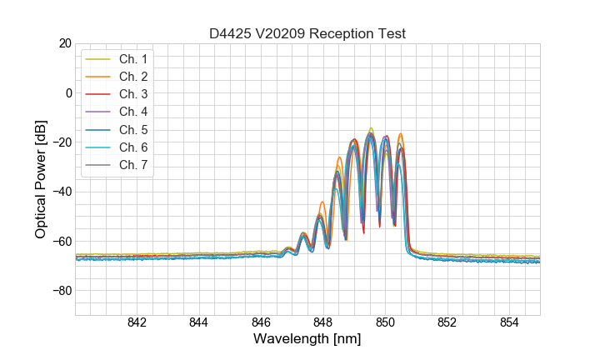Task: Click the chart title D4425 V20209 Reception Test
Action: click(307, 34)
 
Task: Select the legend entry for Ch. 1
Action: click(132, 59)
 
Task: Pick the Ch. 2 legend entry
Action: click(132, 77)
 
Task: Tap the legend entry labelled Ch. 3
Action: click(132, 94)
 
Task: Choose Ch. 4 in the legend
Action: click(132, 112)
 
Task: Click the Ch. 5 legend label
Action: click(132, 129)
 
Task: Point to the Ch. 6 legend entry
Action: click(132, 147)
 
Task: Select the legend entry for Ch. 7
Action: click(132, 164)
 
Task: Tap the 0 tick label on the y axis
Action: click(69, 92)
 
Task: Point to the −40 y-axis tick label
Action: click(62, 192)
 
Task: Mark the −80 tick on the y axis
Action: click(62, 291)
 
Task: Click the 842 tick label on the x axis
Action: click(137, 322)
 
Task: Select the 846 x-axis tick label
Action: click(261, 322)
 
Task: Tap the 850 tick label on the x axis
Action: click(385, 322)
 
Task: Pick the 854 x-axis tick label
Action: click(509, 322)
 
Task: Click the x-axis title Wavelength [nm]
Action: click(307, 339)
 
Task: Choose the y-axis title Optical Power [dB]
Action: click(41, 179)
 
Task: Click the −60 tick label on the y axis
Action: click(62, 242)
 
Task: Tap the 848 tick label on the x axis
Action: click(323, 322)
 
